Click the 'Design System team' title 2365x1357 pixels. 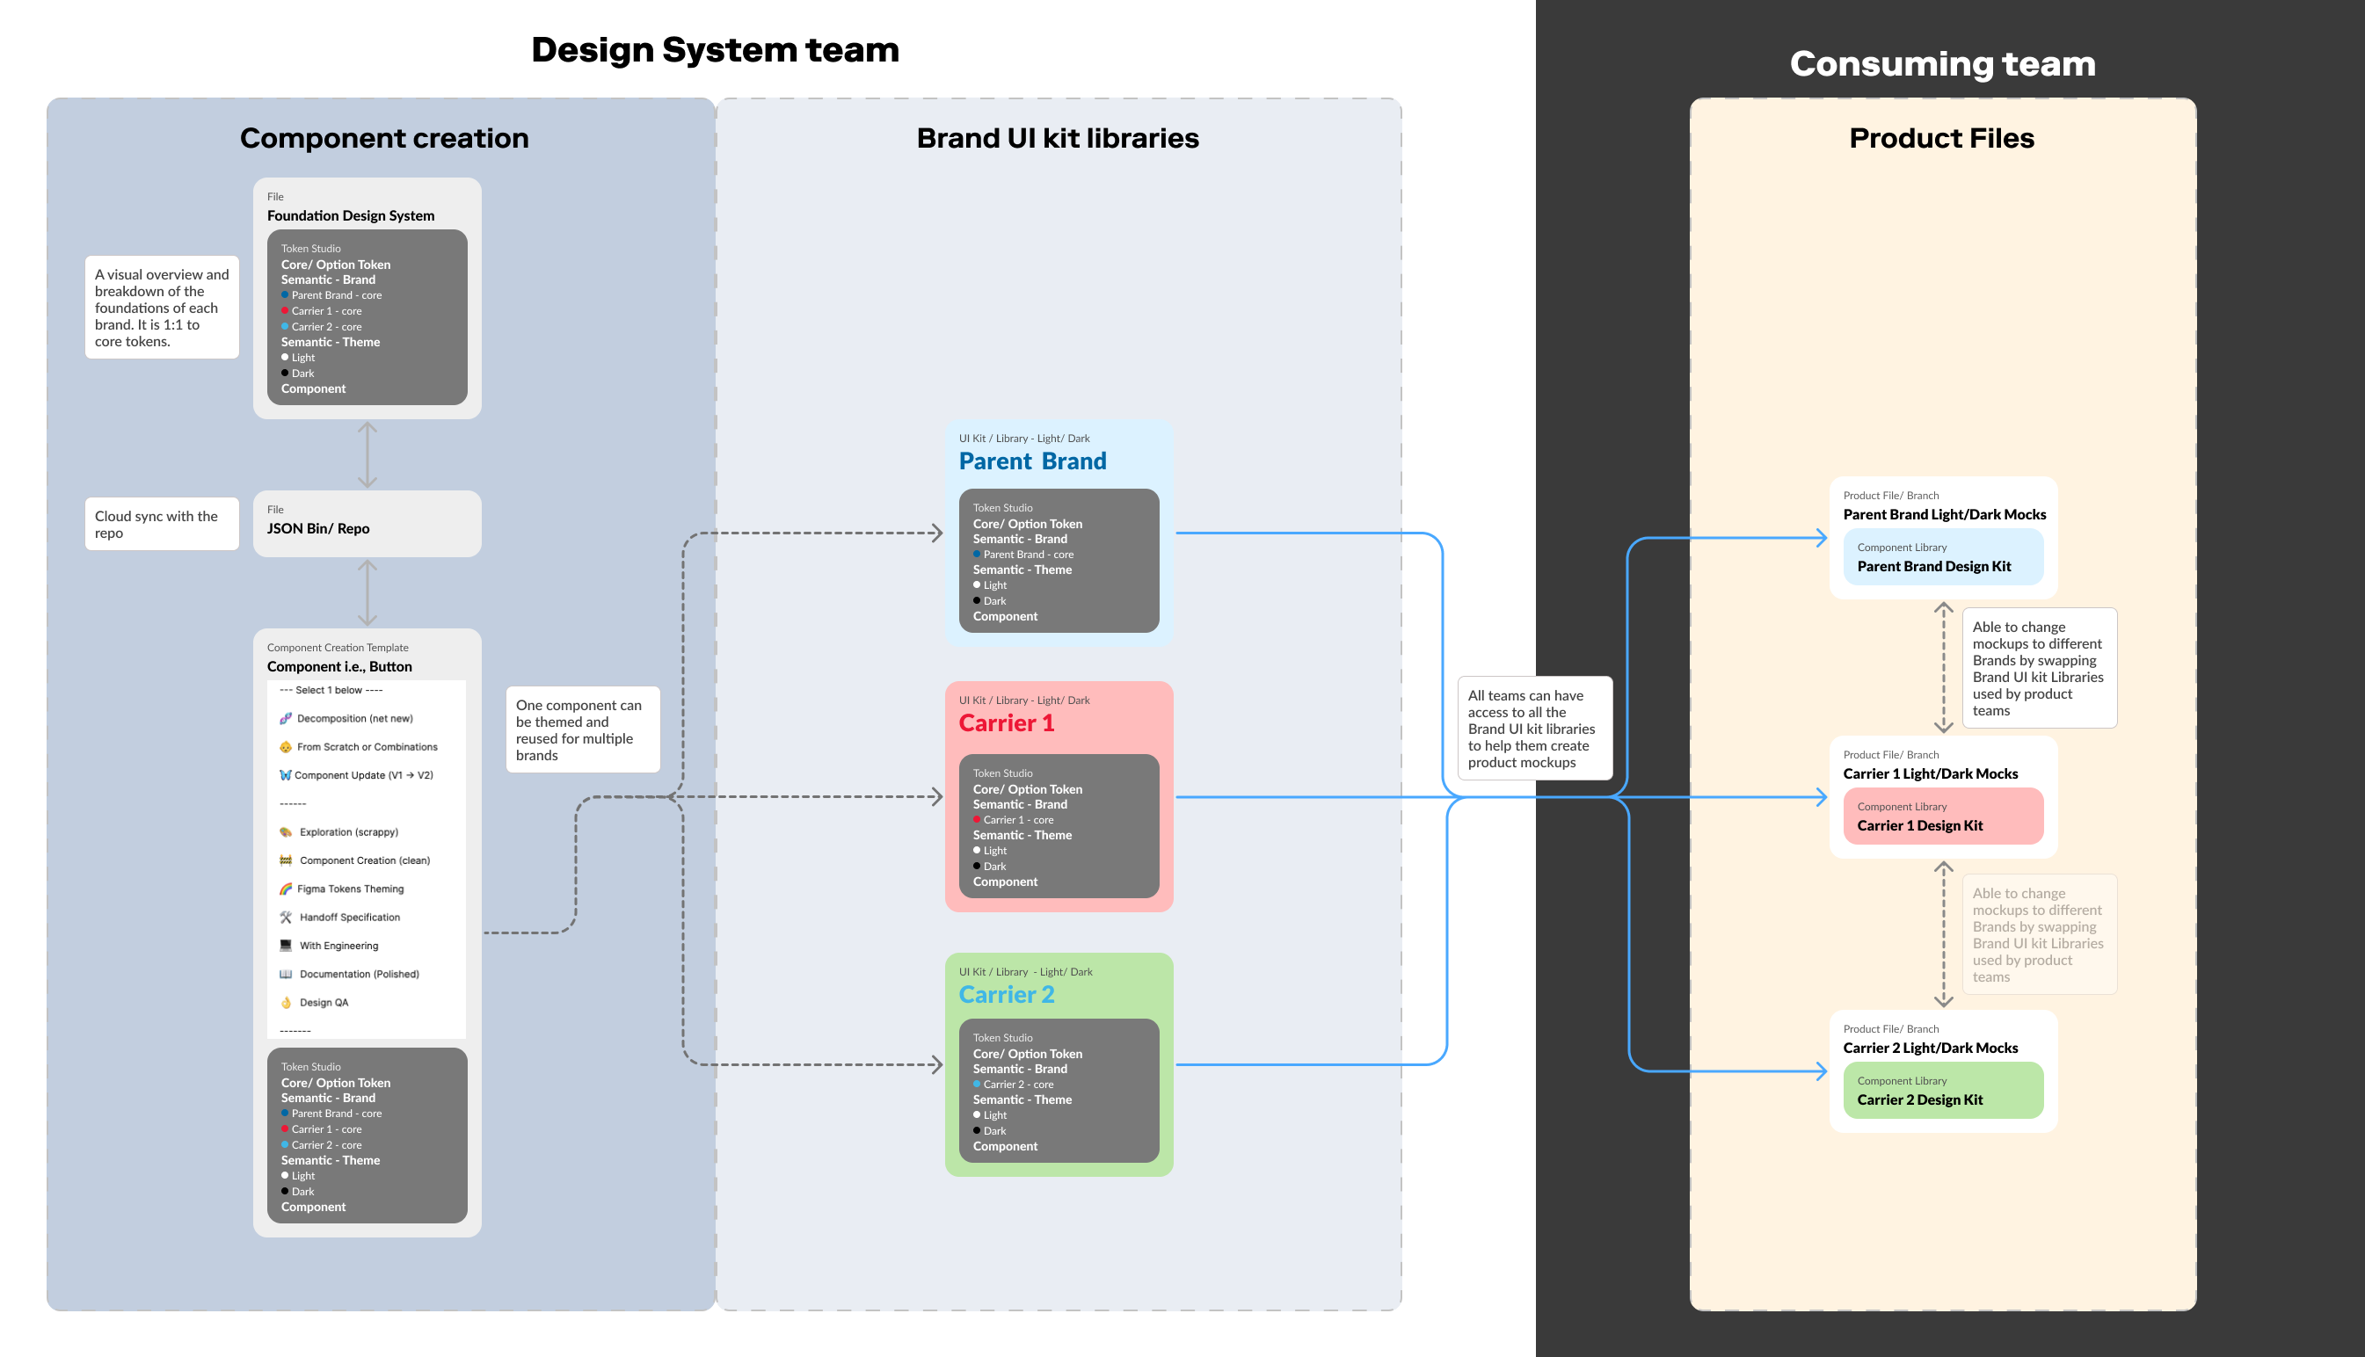tap(715, 49)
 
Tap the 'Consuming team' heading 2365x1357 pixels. tap(1942, 63)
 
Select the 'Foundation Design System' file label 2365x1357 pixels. tap(351, 215)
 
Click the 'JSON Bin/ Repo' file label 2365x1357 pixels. tap(318, 528)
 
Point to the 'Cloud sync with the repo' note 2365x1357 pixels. tap(161, 524)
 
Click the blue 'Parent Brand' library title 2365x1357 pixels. tap(1032, 461)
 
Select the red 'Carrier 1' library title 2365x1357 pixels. tap(1006, 723)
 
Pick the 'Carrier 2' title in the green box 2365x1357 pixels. tap(1006, 994)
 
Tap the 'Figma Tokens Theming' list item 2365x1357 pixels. tap(350, 889)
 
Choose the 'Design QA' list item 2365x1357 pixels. tap(323, 1003)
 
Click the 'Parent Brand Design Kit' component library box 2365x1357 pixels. tap(1943, 557)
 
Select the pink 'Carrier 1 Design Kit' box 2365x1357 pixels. tap(1943, 816)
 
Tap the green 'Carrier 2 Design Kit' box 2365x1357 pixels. tap(1943, 1091)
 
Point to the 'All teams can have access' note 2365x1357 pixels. tap(1533, 729)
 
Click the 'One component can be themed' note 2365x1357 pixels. tap(582, 729)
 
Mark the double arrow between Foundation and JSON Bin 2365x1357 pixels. tap(367, 454)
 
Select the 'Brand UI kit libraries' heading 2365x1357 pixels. tap(1057, 138)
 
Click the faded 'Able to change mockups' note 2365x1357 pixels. tap(2038, 934)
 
